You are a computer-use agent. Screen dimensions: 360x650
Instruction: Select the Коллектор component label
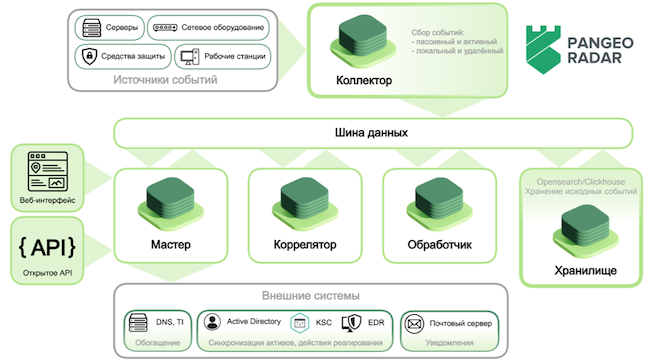(x=364, y=80)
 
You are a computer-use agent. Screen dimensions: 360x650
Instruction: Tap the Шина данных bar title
(x=371, y=133)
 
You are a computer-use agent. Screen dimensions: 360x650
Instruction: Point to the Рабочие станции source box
(x=221, y=55)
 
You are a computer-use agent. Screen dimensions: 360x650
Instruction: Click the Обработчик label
(x=439, y=244)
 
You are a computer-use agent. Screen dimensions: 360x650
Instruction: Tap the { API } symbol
(x=46, y=246)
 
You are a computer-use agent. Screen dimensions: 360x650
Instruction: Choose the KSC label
(x=324, y=323)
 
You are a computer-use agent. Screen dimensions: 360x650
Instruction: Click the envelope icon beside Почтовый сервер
(x=413, y=323)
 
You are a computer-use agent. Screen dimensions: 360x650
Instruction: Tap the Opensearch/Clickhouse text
(x=578, y=183)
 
